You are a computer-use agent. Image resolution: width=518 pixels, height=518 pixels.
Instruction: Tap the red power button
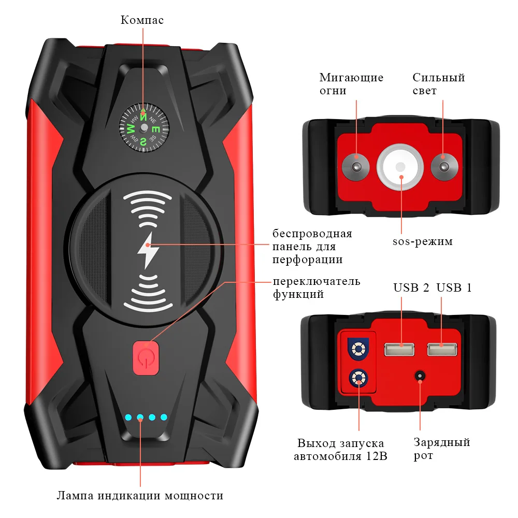point(146,357)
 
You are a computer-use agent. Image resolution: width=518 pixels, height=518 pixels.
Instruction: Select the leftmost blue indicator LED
point(127,417)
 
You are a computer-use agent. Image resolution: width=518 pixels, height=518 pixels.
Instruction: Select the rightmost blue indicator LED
point(164,417)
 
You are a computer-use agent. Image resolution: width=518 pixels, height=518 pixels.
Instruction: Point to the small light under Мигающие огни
point(356,166)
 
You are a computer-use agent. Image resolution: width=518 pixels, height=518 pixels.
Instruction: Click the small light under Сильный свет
point(443,166)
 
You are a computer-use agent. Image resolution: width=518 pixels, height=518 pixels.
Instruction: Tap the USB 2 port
point(399,350)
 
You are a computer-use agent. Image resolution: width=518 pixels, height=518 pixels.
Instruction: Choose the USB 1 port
point(442,350)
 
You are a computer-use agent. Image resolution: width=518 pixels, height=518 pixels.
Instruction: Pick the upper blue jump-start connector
point(357,349)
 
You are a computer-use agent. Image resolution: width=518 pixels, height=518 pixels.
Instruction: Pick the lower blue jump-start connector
point(357,378)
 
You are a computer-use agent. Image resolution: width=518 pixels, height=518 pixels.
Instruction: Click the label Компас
point(142,20)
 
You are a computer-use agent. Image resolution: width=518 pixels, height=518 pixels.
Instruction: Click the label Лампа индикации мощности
point(140,496)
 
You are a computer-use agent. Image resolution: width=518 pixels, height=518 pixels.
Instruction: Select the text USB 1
point(454,287)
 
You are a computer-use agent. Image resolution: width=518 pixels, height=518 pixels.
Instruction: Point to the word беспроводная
point(312,234)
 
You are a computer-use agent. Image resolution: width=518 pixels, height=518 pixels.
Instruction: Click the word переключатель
point(316,281)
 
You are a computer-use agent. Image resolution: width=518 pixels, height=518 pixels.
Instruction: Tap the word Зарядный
point(441,442)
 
